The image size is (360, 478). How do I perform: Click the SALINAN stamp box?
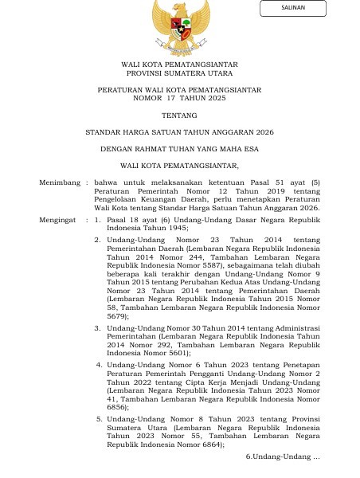292,9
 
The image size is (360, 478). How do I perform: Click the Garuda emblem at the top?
181,25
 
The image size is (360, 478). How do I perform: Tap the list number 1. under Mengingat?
97,217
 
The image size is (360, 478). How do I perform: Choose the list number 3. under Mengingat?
97,327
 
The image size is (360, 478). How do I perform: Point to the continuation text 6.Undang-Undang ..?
282,456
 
